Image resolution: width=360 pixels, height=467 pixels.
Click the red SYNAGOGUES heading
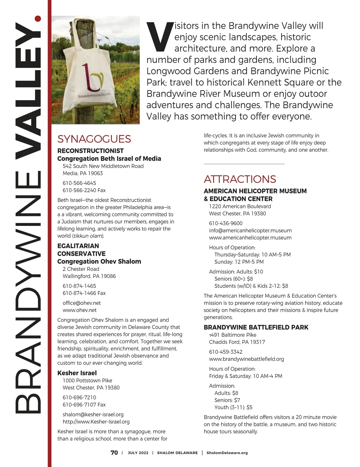[x=94, y=139]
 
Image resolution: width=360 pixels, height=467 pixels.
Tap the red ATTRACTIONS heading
[x=240, y=179]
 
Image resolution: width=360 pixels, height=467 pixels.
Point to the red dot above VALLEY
[x=38, y=19]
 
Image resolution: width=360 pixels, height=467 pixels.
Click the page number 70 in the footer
[x=114, y=453]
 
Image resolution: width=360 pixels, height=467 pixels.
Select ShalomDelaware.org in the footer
[x=227, y=453]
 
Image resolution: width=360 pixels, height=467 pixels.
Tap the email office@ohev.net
[x=82, y=303]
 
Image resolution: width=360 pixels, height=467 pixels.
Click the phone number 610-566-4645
[x=79, y=183]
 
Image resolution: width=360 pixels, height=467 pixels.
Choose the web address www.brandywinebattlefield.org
[x=246, y=359]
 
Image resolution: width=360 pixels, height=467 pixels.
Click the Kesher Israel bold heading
[x=77, y=373]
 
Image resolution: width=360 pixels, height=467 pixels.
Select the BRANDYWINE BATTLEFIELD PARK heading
[x=256, y=327]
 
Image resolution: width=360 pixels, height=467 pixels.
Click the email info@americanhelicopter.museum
[x=250, y=231]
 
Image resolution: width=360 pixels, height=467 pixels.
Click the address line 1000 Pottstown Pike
[x=87, y=381]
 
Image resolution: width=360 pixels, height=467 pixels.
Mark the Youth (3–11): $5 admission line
[x=233, y=408]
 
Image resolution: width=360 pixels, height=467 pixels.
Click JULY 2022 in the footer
[x=138, y=453]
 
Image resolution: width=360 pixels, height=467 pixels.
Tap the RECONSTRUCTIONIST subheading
[x=90, y=151]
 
